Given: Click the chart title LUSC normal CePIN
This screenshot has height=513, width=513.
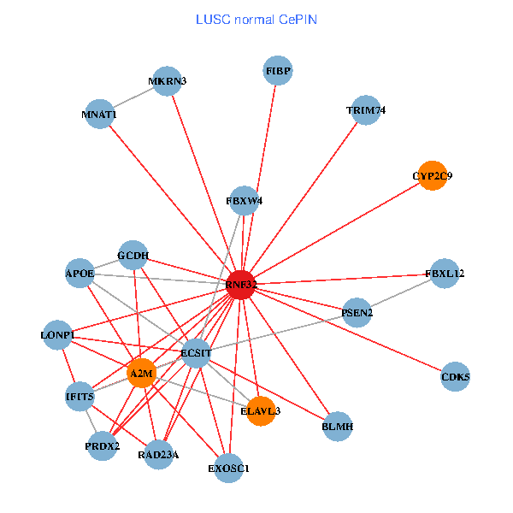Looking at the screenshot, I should point(256,19).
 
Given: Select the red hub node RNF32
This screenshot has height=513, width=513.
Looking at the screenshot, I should point(241,285).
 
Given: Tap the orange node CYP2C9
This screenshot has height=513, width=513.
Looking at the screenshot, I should point(433,175).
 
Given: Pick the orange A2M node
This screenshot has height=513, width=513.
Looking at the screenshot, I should point(141,373).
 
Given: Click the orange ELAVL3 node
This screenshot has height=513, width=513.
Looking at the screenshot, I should point(261,410).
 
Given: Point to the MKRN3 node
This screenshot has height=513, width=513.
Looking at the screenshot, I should point(167,81).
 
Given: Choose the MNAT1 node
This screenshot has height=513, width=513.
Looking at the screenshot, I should point(99,114).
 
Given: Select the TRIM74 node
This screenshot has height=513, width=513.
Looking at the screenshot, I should point(366,110).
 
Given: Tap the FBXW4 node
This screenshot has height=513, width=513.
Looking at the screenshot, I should point(245,201).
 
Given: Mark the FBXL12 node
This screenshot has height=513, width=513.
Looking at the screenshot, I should point(445,274).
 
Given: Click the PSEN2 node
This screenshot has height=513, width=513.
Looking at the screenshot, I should point(357,313).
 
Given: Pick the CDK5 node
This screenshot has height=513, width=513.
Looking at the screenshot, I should point(455,377).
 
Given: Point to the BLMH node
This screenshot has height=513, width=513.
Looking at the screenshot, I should point(338,426).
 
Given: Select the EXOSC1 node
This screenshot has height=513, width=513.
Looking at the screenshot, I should point(228,468).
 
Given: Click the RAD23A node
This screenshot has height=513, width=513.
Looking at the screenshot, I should point(158,453).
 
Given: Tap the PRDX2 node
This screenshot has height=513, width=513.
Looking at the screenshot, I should point(103,446).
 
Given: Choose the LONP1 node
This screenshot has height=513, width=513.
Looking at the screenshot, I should point(56,334).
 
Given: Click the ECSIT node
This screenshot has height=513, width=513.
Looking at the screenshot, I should point(196,353).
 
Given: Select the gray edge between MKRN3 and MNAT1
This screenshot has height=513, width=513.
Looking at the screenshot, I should point(133,97).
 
